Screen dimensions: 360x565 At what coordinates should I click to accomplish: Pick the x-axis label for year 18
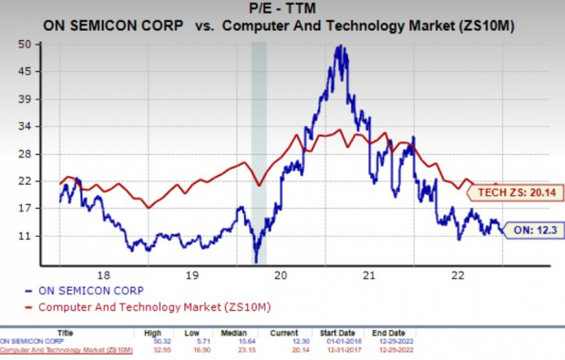103,273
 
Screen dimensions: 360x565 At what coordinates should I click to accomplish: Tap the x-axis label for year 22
458,273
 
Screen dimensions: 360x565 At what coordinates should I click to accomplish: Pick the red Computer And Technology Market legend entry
156,305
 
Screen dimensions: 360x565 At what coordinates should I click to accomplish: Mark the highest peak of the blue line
341,46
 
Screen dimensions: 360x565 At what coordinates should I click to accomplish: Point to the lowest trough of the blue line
256,261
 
